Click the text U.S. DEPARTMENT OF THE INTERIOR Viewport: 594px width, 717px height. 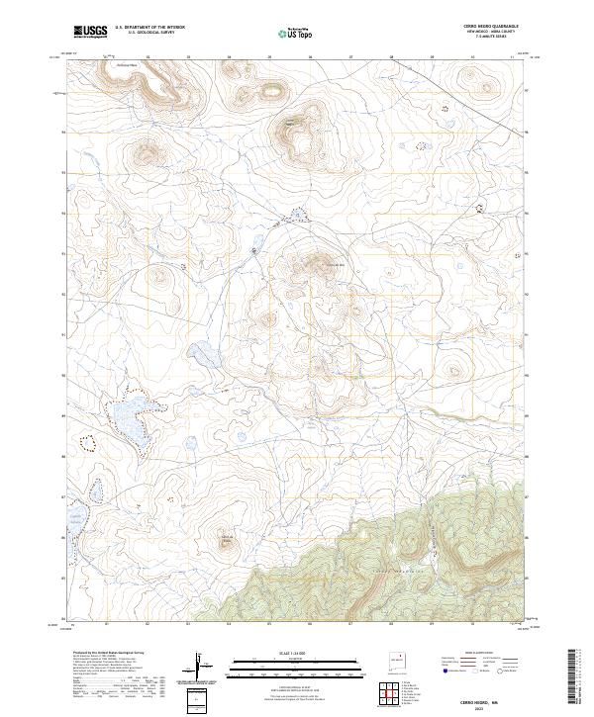coord(150,28)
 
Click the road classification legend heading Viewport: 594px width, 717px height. coord(492,654)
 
